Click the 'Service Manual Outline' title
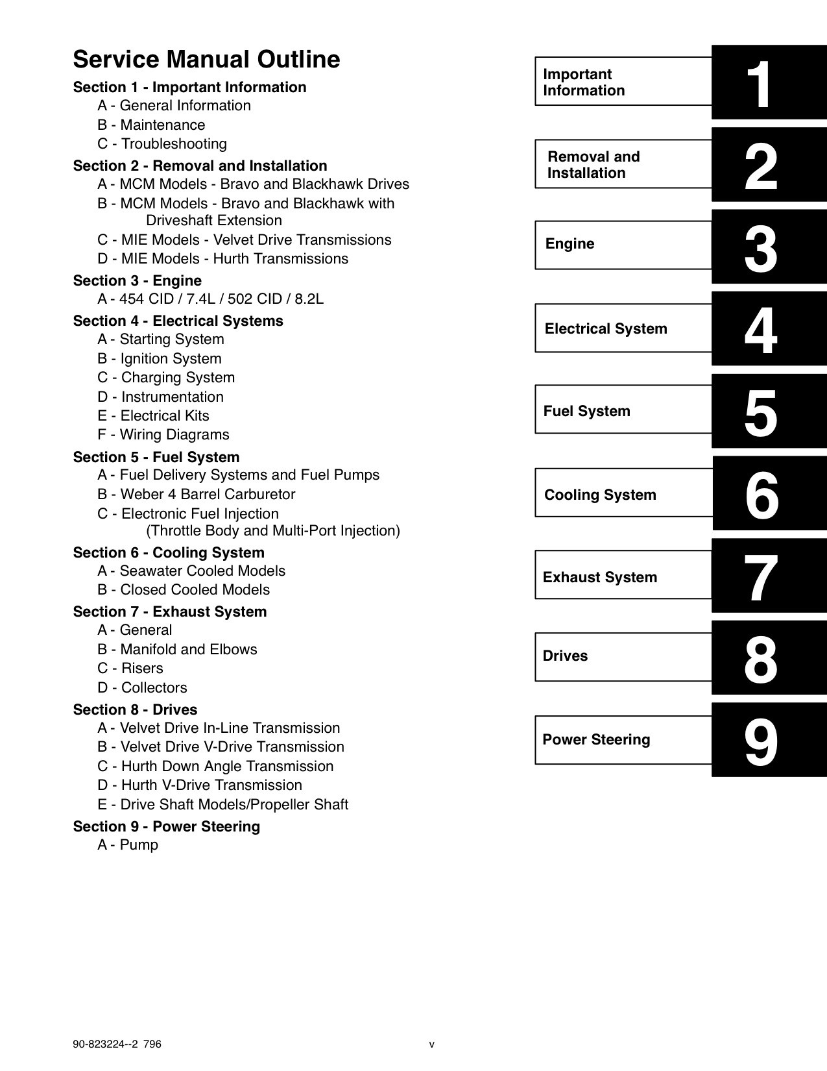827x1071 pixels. pos(206,59)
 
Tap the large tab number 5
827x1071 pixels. pos(760,413)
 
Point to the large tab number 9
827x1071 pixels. pos(760,742)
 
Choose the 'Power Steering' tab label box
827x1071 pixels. pos(623,740)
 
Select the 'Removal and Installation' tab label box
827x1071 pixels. pos(623,165)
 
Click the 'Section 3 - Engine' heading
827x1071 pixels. pos(137,281)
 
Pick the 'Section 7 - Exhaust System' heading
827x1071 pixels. pos(169,612)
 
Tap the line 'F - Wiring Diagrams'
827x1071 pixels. pos(163,435)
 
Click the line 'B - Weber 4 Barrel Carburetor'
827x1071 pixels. pos(197,495)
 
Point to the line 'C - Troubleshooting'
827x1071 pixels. pos(162,144)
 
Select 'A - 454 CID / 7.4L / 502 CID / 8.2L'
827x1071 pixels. pos(210,299)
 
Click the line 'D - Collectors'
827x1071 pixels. pos(142,688)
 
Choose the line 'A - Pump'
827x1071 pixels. pos(128,845)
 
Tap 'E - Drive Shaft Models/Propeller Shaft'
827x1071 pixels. pos(222,805)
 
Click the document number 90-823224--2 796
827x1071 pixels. pos(117,1044)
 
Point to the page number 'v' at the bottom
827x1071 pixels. pos(432,1045)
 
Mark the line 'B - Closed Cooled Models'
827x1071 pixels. pos(184,590)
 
